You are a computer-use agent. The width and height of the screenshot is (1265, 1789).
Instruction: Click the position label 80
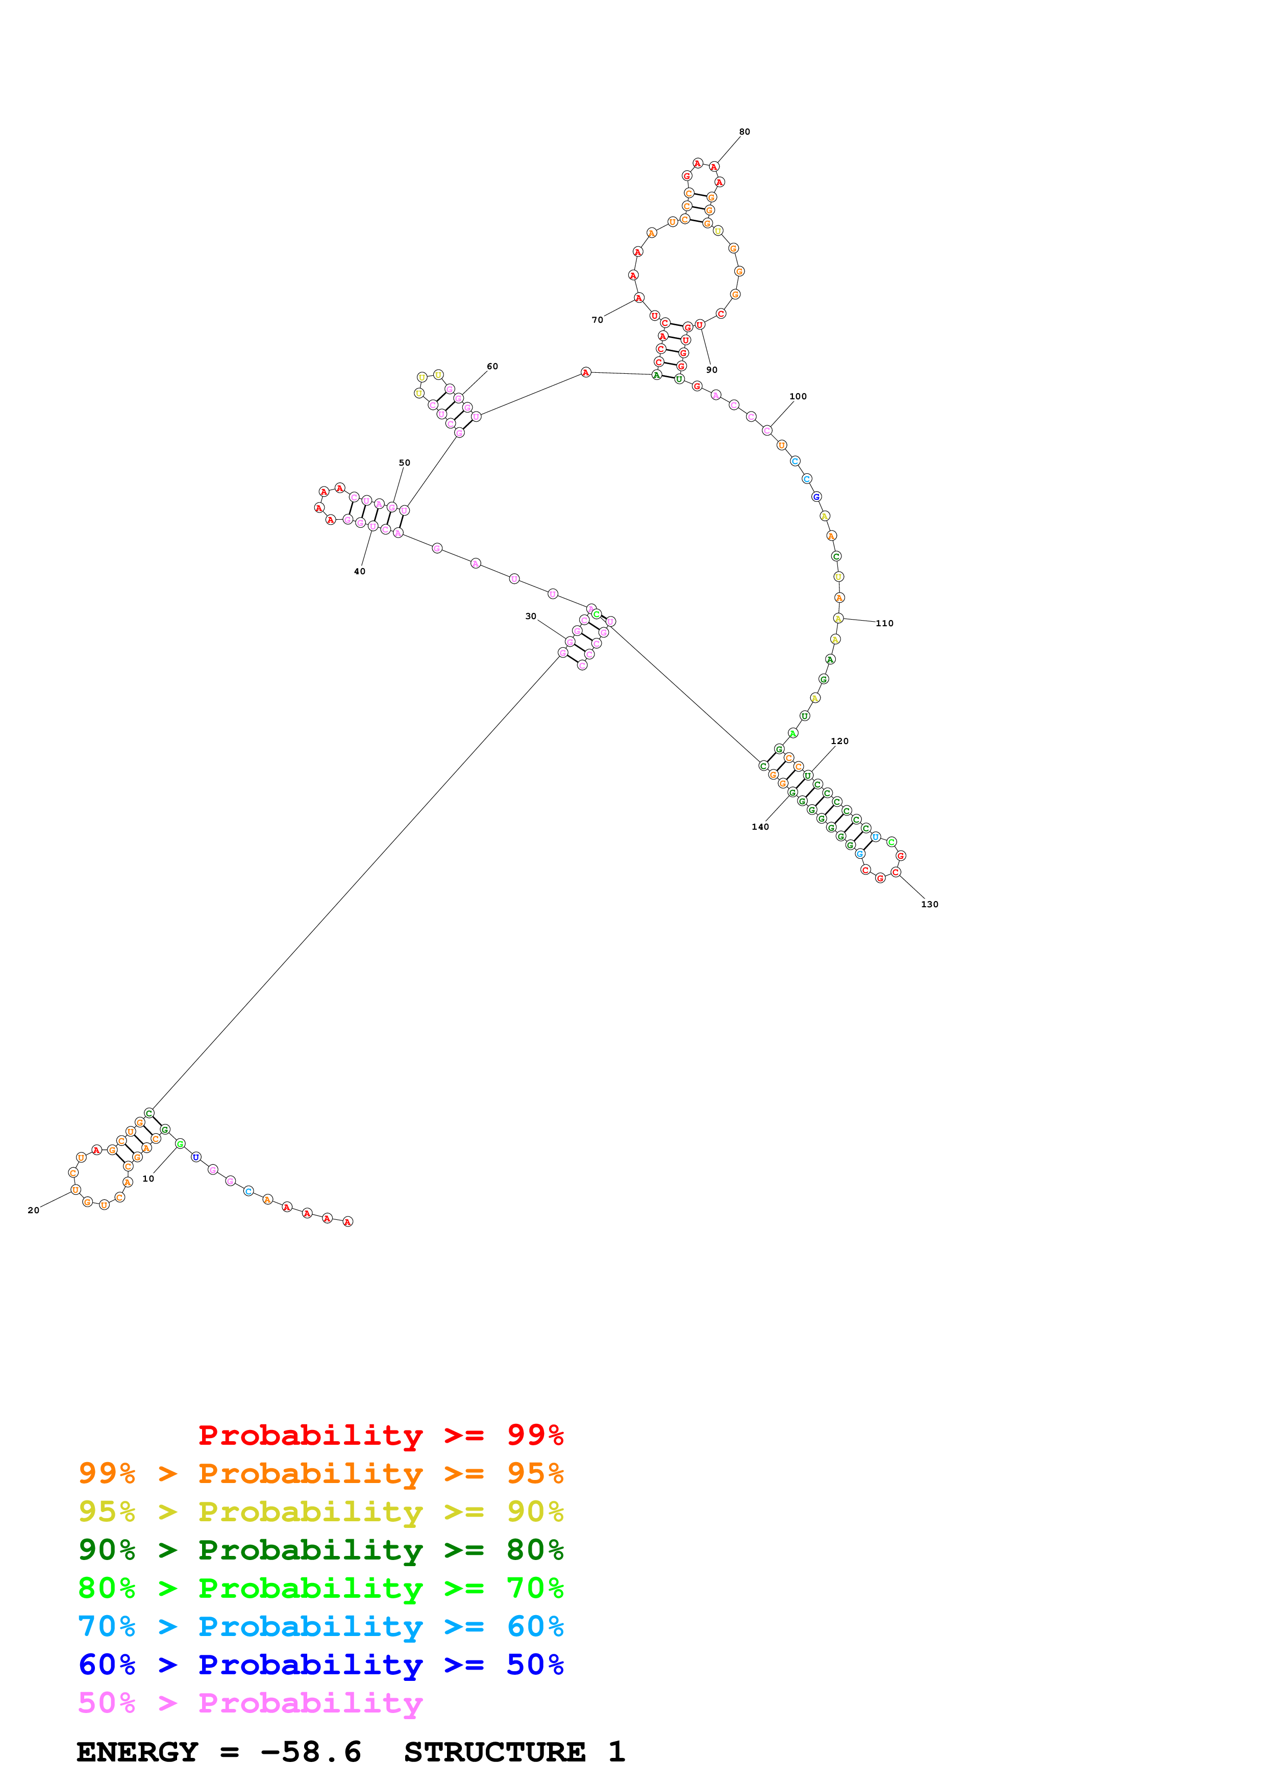click(745, 132)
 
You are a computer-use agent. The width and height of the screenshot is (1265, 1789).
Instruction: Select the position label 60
click(492, 366)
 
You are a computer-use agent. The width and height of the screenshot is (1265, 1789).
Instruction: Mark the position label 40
click(359, 572)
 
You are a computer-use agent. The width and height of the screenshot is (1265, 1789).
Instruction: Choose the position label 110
click(885, 623)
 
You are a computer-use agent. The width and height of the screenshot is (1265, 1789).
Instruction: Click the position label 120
click(839, 741)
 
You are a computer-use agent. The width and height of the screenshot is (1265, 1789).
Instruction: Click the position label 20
click(34, 1210)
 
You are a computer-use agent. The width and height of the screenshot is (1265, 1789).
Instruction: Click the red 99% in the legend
click(535, 1435)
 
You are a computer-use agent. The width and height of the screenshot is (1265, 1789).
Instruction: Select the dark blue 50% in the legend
click(535, 1665)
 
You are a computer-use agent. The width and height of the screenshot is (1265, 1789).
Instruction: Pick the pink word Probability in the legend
click(310, 1703)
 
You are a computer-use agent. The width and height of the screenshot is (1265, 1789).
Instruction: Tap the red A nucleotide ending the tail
click(349, 1221)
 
